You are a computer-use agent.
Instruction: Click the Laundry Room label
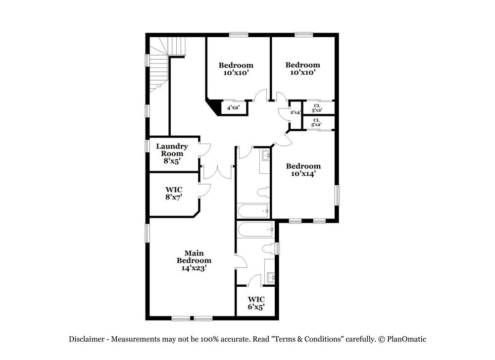pos(172,154)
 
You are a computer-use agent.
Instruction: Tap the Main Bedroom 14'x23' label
pos(194,260)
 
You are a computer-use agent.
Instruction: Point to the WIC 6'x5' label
pos(256,303)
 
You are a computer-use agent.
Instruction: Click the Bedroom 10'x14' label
pos(303,170)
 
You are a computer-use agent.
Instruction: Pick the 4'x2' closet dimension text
pos(233,107)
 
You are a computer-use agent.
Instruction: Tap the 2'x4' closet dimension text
pos(296,112)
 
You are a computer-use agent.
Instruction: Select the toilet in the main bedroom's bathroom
pos(268,248)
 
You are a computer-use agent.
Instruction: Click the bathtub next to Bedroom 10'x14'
pos(253,211)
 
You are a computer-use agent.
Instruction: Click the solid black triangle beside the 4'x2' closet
pos(213,105)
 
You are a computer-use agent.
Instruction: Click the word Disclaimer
pos(86,339)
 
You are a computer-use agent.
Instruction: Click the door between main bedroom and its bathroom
pos(240,262)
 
